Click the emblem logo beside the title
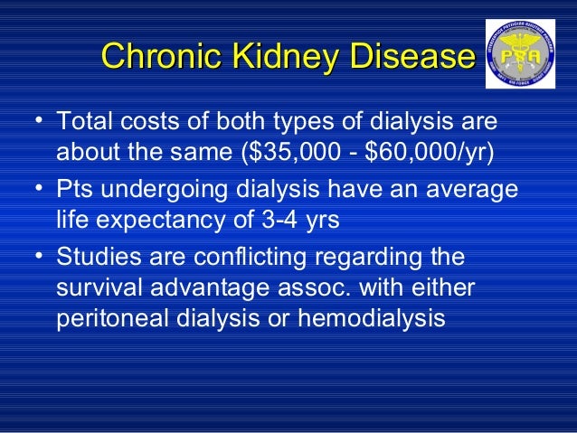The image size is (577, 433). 520,53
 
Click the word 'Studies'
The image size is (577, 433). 100,258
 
